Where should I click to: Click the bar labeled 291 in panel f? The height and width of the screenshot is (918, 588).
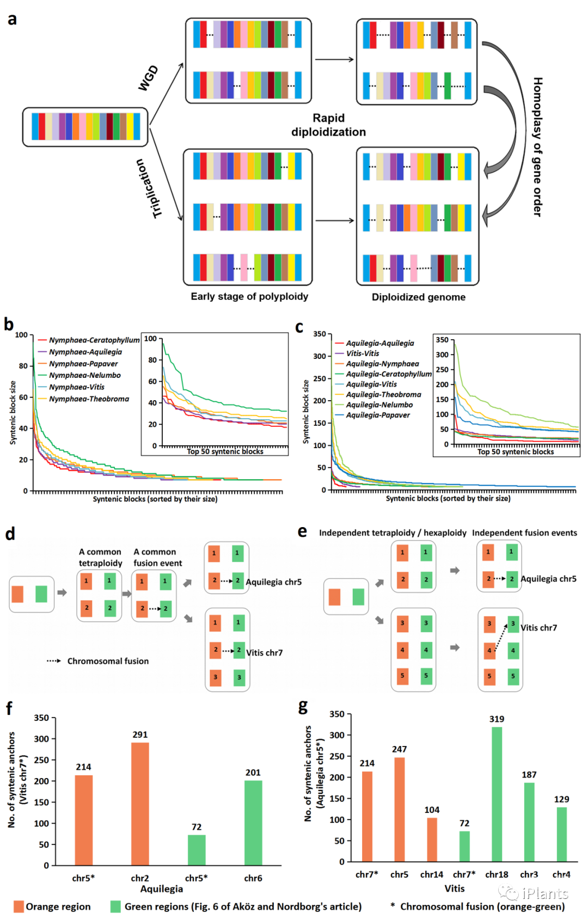click(x=140, y=803)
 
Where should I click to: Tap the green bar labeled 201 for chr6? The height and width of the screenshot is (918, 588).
click(x=253, y=822)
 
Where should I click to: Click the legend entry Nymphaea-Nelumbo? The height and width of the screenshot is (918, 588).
click(x=85, y=375)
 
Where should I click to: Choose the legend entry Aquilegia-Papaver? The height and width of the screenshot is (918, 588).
click(x=378, y=415)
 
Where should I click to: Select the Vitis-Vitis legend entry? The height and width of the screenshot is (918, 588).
click(x=363, y=353)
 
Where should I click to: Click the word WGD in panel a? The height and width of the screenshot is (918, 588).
click(x=148, y=77)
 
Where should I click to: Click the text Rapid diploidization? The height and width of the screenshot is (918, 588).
click(x=328, y=125)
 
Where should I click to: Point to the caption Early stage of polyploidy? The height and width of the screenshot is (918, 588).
click(x=249, y=296)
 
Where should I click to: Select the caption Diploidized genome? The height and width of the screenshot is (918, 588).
click(x=418, y=297)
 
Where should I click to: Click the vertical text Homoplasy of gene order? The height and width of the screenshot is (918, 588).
click(x=537, y=147)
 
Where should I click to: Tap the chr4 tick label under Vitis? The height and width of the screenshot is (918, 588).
click(x=561, y=874)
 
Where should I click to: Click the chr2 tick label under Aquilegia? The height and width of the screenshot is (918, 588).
click(x=140, y=878)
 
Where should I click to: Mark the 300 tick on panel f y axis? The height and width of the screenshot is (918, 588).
click(x=42, y=739)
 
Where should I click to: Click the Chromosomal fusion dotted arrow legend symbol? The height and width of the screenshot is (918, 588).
click(x=53, y=661)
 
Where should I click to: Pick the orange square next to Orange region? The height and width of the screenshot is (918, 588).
click(x=19, y=906)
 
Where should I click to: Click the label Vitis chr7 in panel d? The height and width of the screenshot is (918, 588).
click(x=264, y=652)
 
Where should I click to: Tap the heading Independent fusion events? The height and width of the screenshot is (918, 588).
click(x=524, y=533)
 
